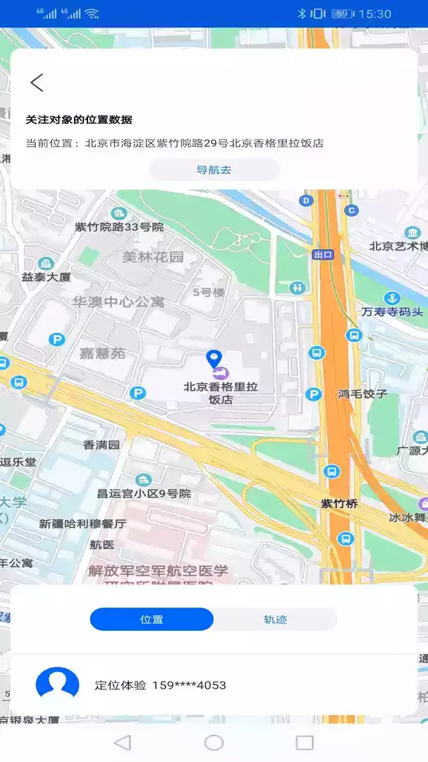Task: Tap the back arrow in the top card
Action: pyautogui.click(x=37, y=83)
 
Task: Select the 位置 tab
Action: pyautogui.click(x=152, y=619)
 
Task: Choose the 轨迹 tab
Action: pyautogui.click(x=275, y=619)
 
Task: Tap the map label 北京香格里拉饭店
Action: pyautogui.click(x=221, y=392)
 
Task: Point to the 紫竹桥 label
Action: pyautogui.click(x=339, y=504)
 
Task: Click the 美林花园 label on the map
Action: pyautogui.click(x=152, y=257)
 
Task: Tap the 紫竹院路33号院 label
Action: pyautogui.click(x=119, y=227)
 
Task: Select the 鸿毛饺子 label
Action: pyautogui.click(x=362, y=394)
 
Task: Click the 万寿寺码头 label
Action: pyautogui.click(x=393, y=312)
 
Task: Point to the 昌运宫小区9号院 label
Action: pyautogui.click(x=144, y=494)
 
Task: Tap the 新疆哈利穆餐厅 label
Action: pyautogui.click(x=82, y=524)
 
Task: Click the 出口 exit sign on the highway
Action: pyautogui.click(x=324, y=255)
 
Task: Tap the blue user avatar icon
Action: pyautogui.click(x=57, y=684)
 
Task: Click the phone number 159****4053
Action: pyautogui.click(x=189, y=685)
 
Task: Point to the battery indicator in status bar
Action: pyautogui.click(x=342, y=13)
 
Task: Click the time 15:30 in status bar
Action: pyautogui.click(x=374, y=13)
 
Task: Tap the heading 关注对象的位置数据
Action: pyautogui.click(x=79, y=120)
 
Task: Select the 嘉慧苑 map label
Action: pyautogui.click(x=102, y=353)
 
